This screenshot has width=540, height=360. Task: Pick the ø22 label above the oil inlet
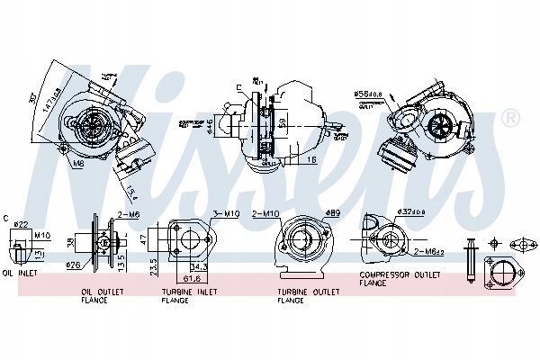point(23,223)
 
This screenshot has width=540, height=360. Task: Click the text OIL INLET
point(20,273)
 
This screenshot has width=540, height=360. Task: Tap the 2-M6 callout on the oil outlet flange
point(128,216)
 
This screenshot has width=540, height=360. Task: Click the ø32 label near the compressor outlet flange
point(412,213)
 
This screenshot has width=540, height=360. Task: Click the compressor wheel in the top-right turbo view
point(443,125)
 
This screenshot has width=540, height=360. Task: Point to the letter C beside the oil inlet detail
point(6,217)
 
